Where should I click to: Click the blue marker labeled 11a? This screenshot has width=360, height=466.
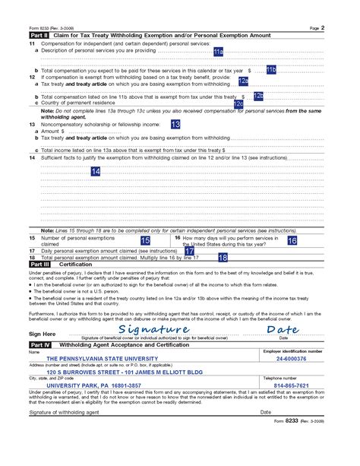pyautogui.click(x=218, y=52)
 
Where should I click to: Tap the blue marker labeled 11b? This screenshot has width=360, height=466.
pyautogui.click(x=272, y=70)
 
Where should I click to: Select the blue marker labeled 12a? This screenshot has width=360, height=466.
pyautogui.click(x=243, y=81)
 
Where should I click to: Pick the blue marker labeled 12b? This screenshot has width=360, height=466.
pyautogui.click(x=258, y=96)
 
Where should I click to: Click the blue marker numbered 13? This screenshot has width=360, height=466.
pyautogui.click(x=175, y=123)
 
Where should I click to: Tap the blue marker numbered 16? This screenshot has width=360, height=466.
pyautogui.click(x=292, y=240)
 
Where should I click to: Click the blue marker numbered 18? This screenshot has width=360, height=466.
pyautogui.click(x=223, y=258)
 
